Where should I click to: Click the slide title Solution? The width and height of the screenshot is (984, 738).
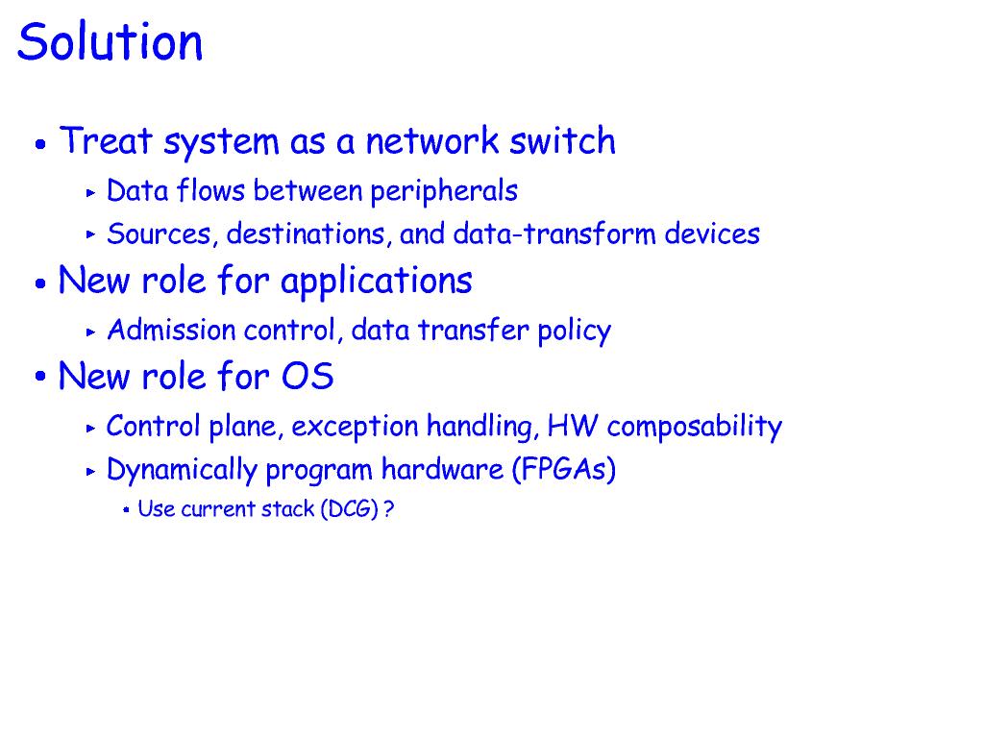click(110, 41)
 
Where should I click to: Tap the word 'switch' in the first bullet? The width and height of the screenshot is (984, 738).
click(561, 140)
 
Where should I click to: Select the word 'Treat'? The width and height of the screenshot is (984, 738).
click(106, 140)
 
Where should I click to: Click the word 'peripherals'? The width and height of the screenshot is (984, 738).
click(444, 191)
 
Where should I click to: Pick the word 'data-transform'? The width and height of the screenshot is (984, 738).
click(554, 234)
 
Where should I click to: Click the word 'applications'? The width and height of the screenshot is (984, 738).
click(377, 281)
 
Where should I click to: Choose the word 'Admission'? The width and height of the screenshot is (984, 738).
click(171, 330)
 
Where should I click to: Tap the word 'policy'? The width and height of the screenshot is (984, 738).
click(575, 331)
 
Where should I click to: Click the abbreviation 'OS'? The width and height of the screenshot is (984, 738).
click(307, 377)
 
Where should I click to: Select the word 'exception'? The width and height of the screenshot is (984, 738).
click(355, 427)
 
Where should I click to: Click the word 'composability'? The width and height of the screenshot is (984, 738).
click(695, 427)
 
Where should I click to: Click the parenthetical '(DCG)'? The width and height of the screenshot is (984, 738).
click(350, 509)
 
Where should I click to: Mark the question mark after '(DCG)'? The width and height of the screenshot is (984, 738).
click(388, 509)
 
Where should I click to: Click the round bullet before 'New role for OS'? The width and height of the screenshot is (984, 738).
click(40, 377)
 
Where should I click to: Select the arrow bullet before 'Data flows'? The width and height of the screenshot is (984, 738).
click(91, 192)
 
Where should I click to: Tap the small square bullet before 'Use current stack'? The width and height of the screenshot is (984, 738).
click(126, 510)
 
